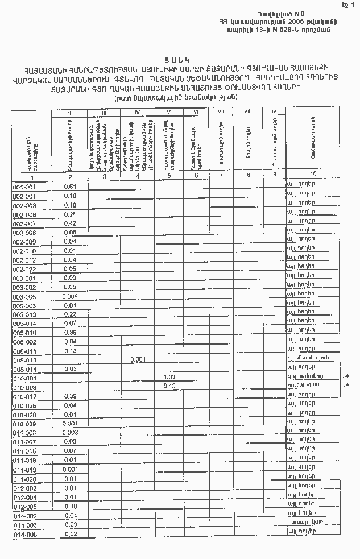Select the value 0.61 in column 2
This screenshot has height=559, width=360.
[x=71, y=187]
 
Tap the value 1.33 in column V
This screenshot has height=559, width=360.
[x=169, y=377]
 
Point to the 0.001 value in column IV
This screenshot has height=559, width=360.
[x=138, y=359]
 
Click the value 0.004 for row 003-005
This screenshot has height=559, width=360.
[x=71, y=296]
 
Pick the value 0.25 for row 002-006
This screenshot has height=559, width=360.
[x=71, y=214]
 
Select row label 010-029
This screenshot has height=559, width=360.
[x=24, y=424]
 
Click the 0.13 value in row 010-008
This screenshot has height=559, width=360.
[x=169, y=386]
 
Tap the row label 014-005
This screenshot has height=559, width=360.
[x=24, y=534]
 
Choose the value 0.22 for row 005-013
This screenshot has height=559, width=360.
[x=71, y=314]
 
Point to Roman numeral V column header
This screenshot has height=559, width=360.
[x=169, y=112]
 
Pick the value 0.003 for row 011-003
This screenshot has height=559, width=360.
[x=71, y=433]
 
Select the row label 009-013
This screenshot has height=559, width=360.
[x=24, y=360]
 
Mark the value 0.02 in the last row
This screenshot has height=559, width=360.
[x=71, y=534]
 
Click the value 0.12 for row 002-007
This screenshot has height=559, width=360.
[x=71, y=223]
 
